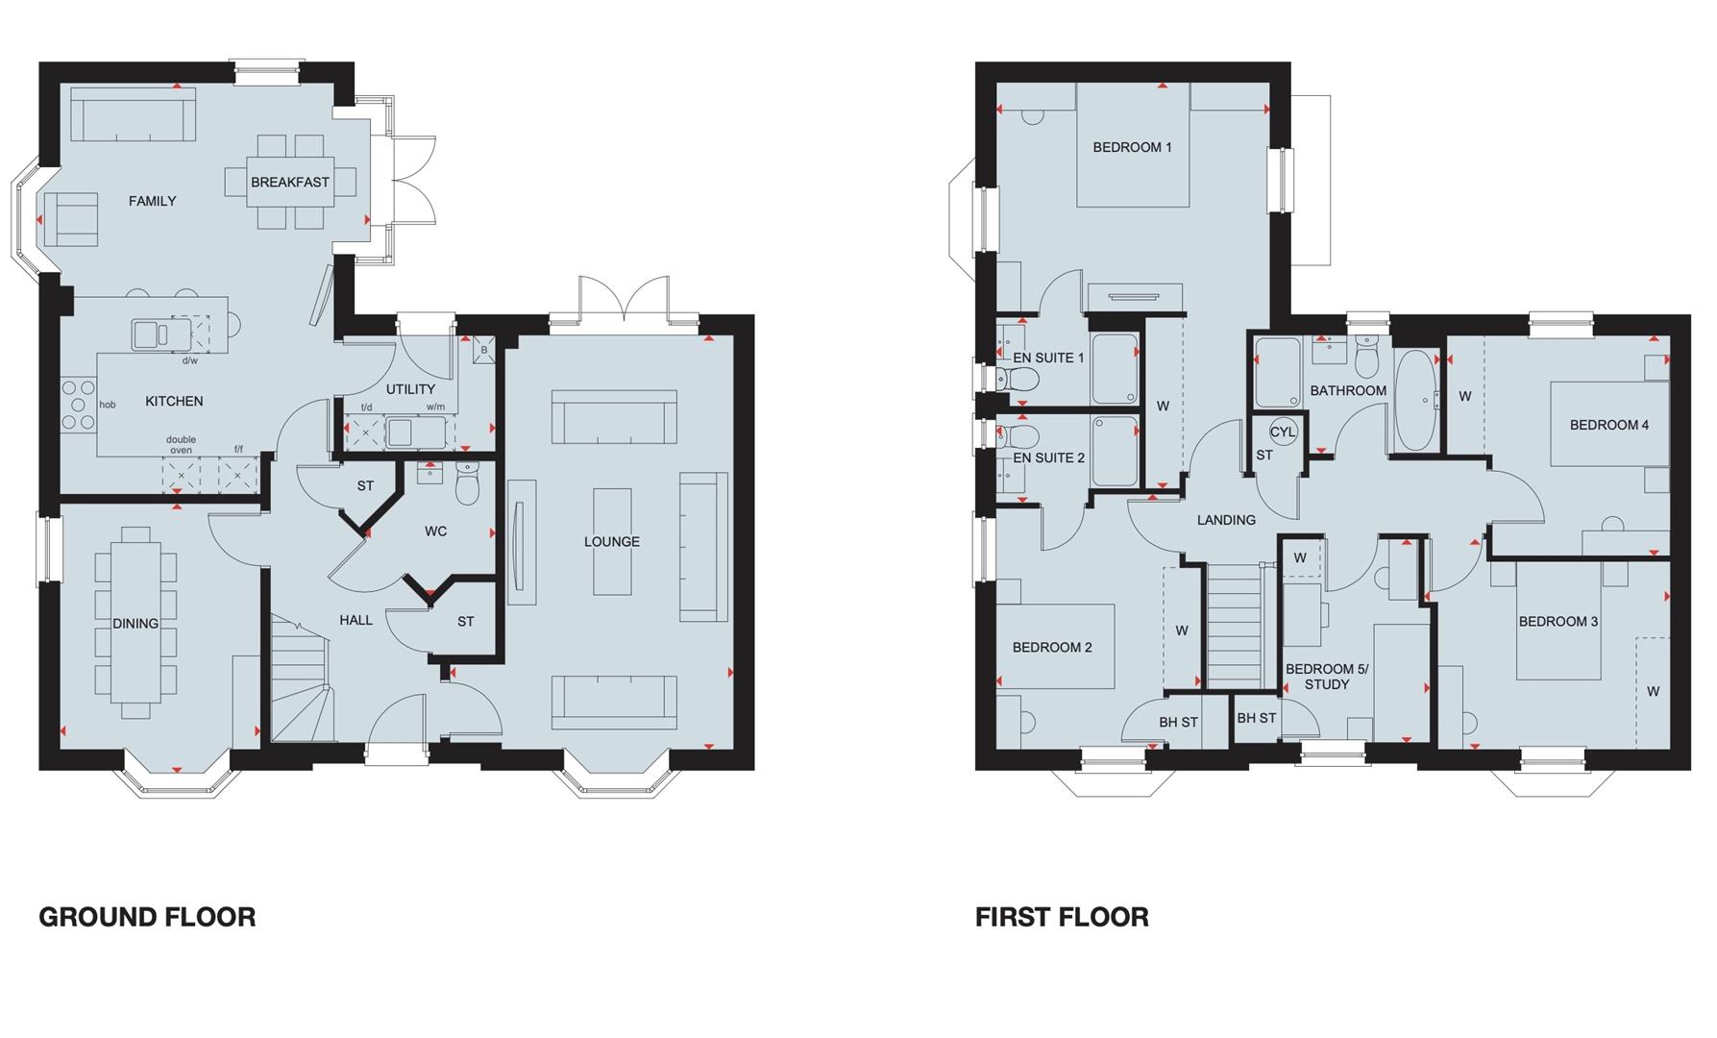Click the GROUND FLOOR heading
(x=147, y=917)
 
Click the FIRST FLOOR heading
(x=1062, y=917)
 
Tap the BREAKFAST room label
(x=290, y=182)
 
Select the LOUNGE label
(x=612, y=542)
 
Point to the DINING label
(x=135, y=624)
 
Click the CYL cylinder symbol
(x=1283, y=432)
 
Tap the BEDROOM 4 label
(x=1609, y=425)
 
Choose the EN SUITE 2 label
(x=1048, y=457)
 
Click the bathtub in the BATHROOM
(x=1413, y=400)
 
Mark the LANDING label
(x=1226, y=520)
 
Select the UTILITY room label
(x=410, y=389)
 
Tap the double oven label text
(x=181, y=445)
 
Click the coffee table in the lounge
(x=612, y=541)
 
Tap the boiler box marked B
(x=484, y=351)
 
